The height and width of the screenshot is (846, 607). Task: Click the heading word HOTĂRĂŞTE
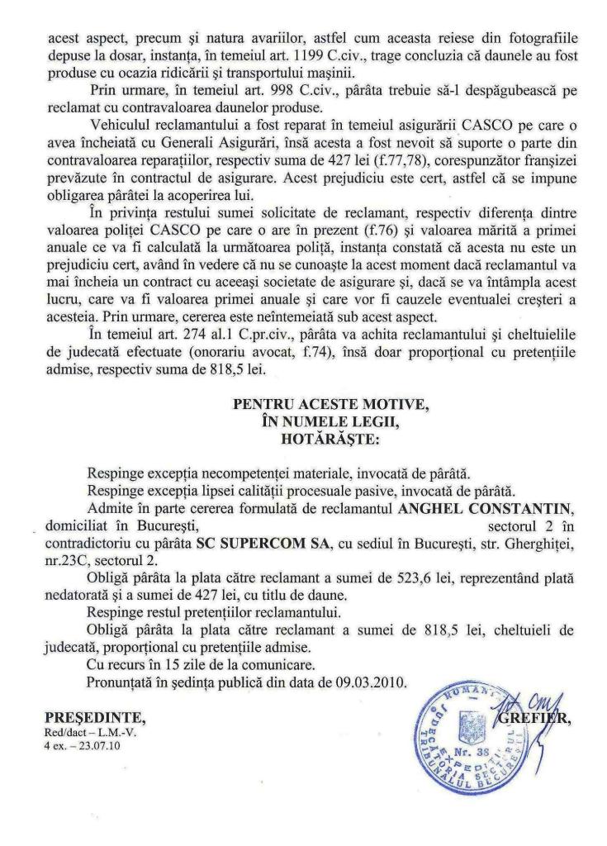pos(308,440)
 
